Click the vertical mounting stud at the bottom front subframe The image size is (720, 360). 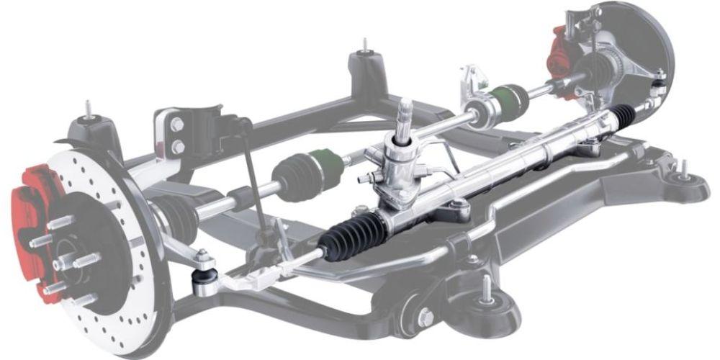point(487,287)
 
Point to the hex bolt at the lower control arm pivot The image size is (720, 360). point(426,317)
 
